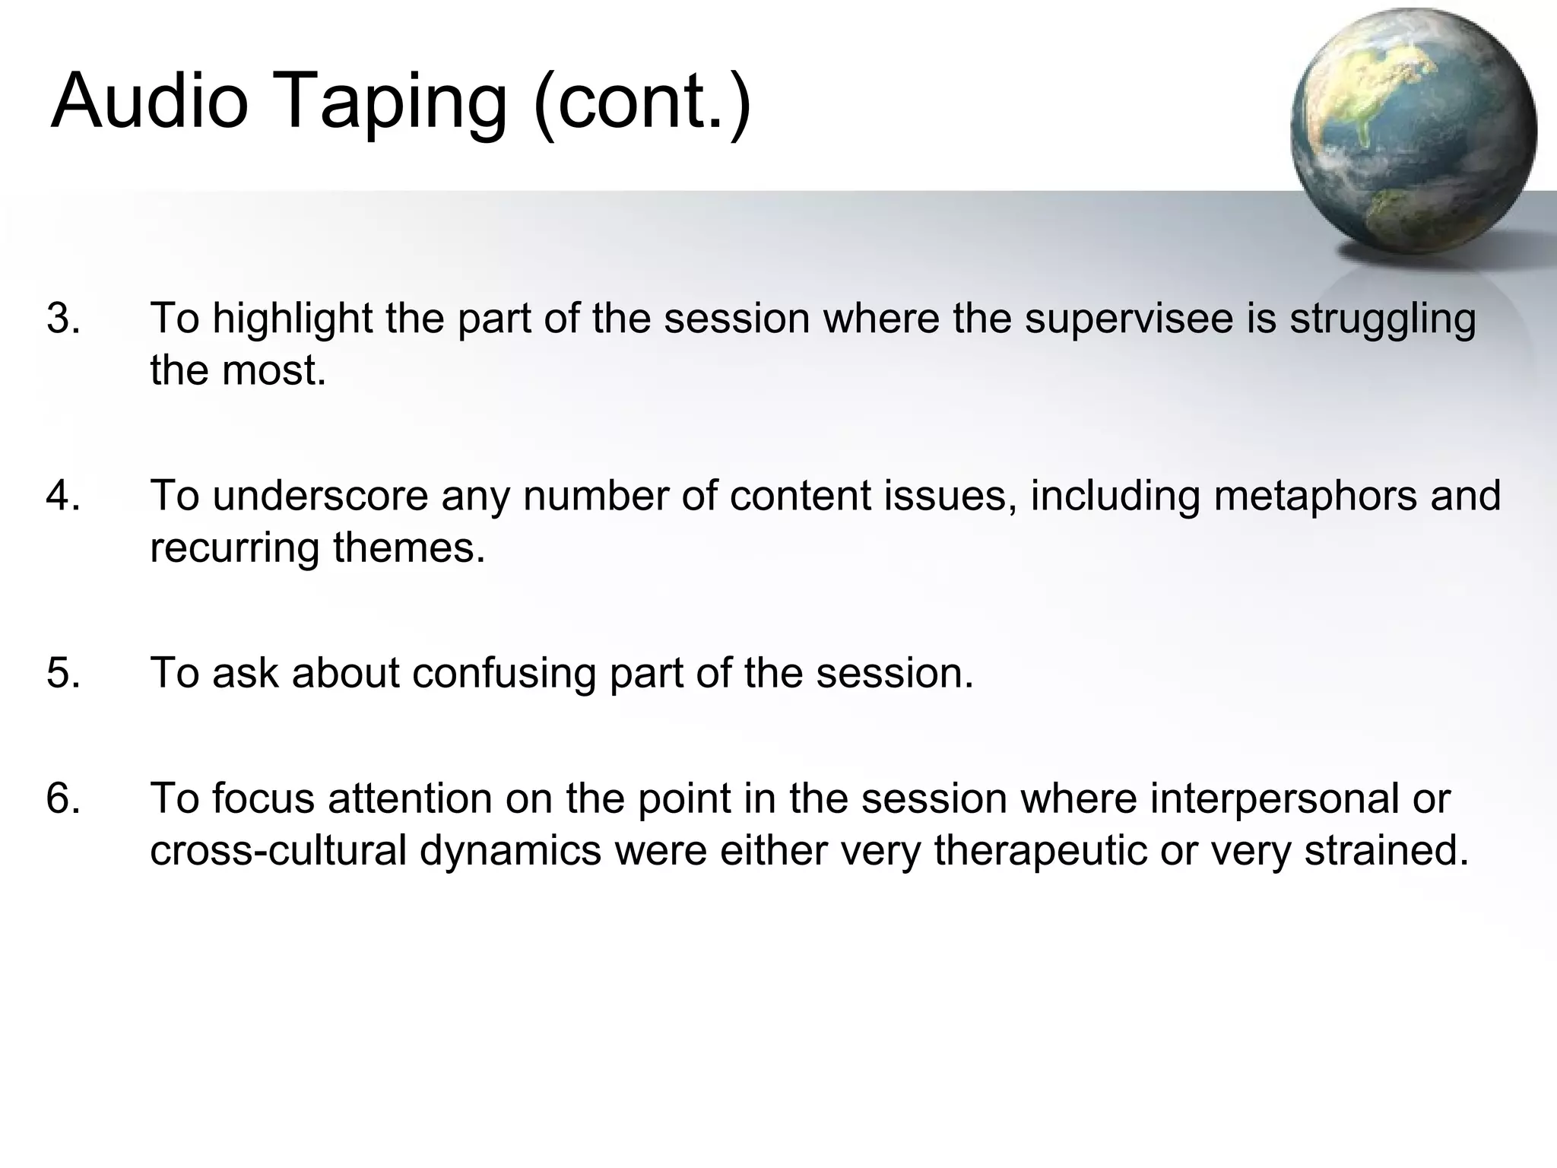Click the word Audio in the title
coord(149,101)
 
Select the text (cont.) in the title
coord(642,103)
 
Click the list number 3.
coord(63,319)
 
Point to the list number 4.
coord(63,496)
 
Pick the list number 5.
coord(63,673)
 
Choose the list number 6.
coord(63,798)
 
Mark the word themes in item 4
coord(409,547)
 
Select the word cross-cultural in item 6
coord(278,850)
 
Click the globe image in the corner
coord(1413,133)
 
